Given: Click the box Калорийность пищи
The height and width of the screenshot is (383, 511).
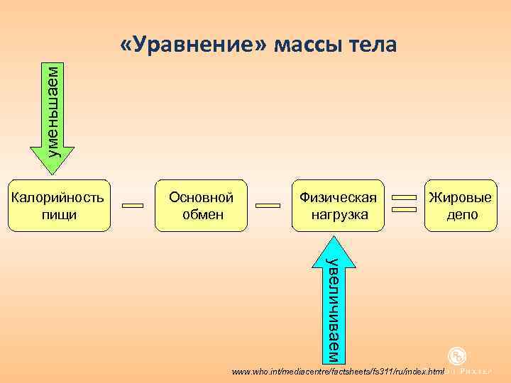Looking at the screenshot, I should [x=60, y=205].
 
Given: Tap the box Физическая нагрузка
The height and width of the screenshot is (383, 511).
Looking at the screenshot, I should [x=337, y=205].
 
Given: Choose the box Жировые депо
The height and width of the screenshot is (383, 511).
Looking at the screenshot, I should [x=462, y=205].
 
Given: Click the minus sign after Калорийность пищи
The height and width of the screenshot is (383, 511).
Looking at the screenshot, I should [x=133, y=206].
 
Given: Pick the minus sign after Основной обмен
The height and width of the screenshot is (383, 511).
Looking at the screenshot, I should [x=268, y=206].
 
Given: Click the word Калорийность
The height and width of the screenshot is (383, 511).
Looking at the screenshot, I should [x=60, y=197].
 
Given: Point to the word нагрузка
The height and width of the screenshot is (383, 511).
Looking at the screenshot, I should [x=337, y=214].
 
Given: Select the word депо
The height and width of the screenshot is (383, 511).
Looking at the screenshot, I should [x=462, y=214].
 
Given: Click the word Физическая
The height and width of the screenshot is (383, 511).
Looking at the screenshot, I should [x=337, y=197].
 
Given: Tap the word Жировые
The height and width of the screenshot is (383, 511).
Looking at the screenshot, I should [x=462, y=197].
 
